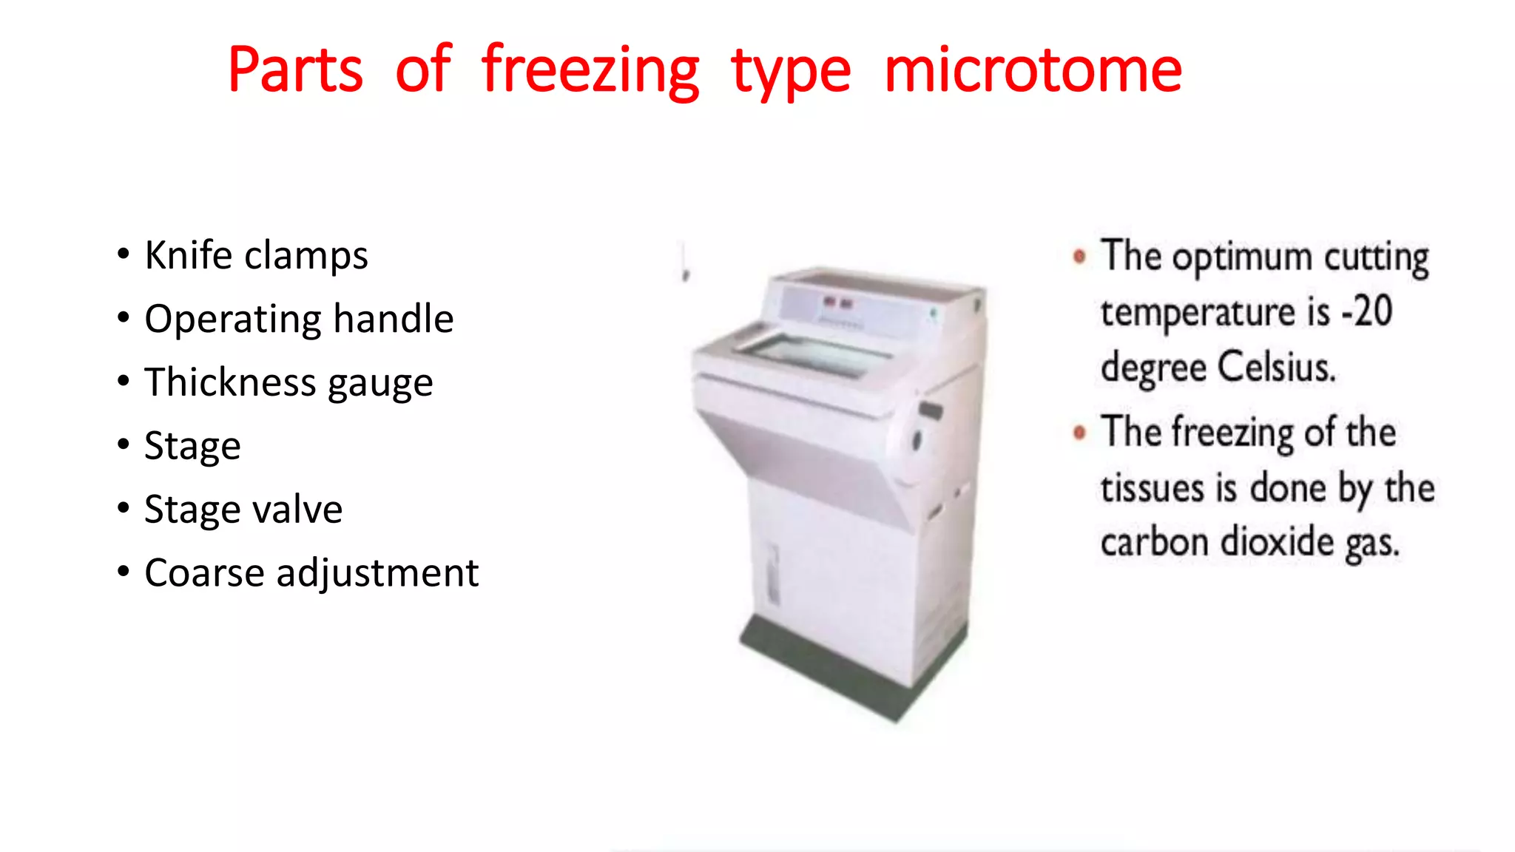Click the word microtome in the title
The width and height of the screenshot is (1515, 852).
(x=1033, y=70)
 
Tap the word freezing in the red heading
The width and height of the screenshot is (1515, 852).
(x=590, y=72)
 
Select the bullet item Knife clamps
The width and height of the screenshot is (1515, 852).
(x=256, y=256)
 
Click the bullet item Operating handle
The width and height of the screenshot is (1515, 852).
(x=299, y=319)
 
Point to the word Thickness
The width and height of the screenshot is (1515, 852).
(x=230, y=382)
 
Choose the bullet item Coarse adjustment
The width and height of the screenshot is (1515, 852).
(x=311, y=573)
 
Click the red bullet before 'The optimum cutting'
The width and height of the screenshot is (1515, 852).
(x=1079, y=257)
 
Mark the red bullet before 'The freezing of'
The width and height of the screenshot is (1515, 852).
(x=1079, y=433)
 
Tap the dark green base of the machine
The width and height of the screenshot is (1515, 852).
(x=851, y=666)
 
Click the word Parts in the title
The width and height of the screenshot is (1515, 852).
(x=295, y=70)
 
